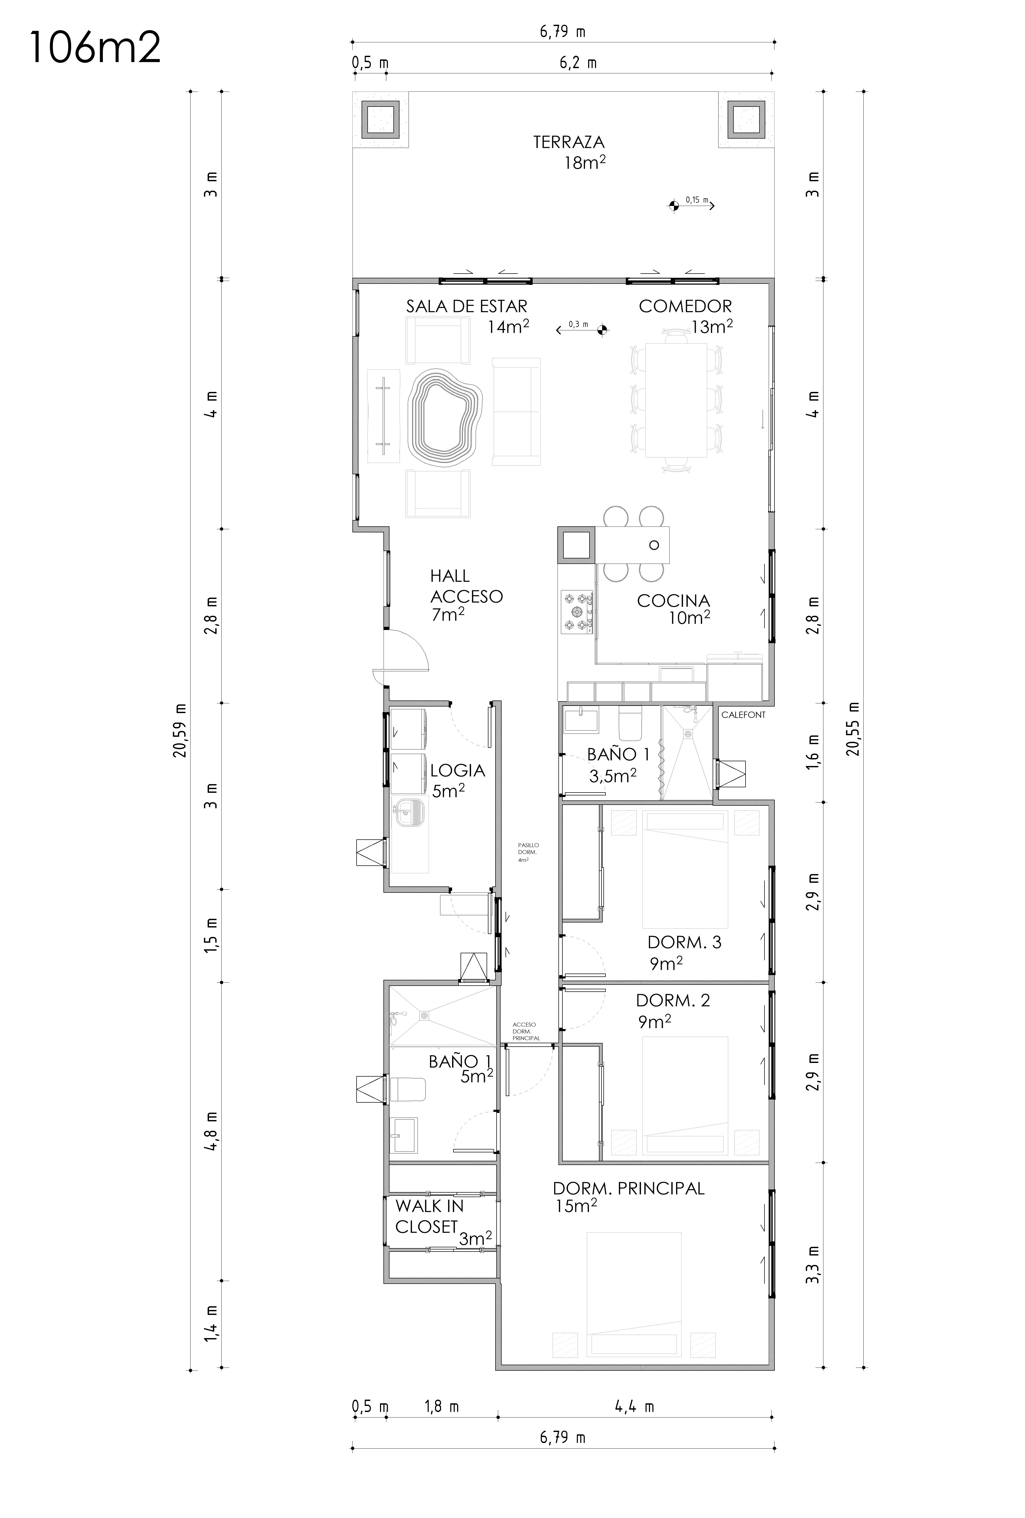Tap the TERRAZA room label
pos(568,142)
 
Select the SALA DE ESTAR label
pos(466,306)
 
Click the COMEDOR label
pos(685,306)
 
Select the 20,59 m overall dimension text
pos(180,730)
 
